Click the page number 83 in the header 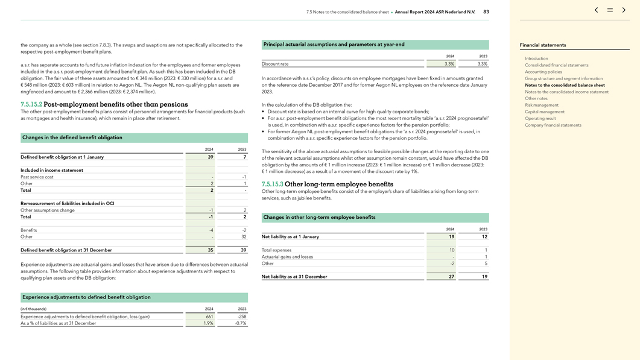click(x=486, y=12)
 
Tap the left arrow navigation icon click(x=596, y=10)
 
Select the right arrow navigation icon click(x=624, y=10)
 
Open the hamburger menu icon click(x=610, y=10)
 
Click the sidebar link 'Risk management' click(x=541, y=105)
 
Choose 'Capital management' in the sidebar click(x=544, y=112)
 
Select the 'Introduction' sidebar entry click(x=536, y=58)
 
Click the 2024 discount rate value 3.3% click(x=449, y=64)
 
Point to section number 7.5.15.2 click(x=31, y=105)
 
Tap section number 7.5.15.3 click(x=272, y=185)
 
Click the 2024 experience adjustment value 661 click(x=209, y=317)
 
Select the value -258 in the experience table click(x=241, y=317)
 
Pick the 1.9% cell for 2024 click(x=208, y=323)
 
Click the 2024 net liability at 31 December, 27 click(x=451, y=277)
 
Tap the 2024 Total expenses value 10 click(x=452, y=250)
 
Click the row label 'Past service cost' click(x=37, y=177)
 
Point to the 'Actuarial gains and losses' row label click(x=287, y=257)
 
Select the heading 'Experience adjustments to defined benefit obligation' click(x=86, y=297)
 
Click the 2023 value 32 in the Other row click(x=243, y=237)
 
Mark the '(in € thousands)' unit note click(x=33, y=309)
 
